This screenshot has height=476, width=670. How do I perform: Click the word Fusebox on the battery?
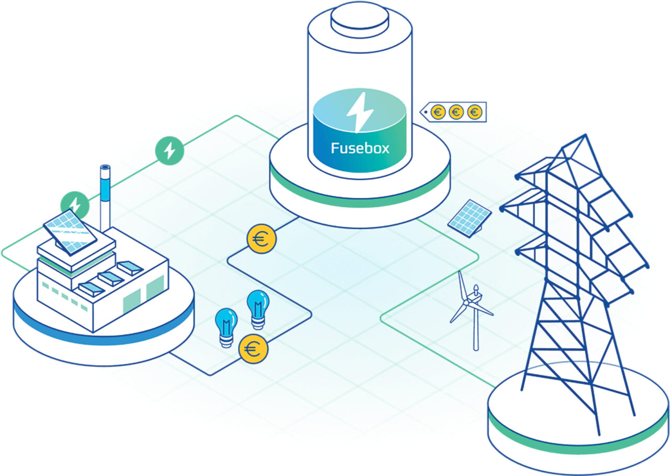click(360, 148)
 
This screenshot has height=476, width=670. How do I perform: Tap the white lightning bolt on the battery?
click(360, 112)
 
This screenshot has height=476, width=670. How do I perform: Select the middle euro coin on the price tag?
click(456, 112)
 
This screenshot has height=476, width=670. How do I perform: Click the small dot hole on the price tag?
click(426, 113)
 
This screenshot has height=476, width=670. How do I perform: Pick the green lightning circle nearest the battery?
click(170, 150)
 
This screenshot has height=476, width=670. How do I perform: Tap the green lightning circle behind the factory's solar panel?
click(75, 205)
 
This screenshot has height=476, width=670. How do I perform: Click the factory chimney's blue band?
click(105, 188)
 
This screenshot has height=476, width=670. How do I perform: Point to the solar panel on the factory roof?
click(70, 232)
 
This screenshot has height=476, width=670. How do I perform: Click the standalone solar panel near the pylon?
click(470, 219)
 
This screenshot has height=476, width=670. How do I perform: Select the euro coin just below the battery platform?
click(261, 239)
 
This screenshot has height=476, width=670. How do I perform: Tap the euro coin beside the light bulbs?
click(253, 349)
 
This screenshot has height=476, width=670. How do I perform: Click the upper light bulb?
click(258, 310)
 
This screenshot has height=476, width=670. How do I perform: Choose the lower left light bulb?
click(227, 328)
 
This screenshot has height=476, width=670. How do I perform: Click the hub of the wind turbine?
click(466, 303)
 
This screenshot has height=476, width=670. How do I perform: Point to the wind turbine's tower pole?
click(476, 327)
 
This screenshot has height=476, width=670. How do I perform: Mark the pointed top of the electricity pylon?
click(585, 135)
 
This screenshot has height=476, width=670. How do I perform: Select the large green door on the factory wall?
click(155, 289)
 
